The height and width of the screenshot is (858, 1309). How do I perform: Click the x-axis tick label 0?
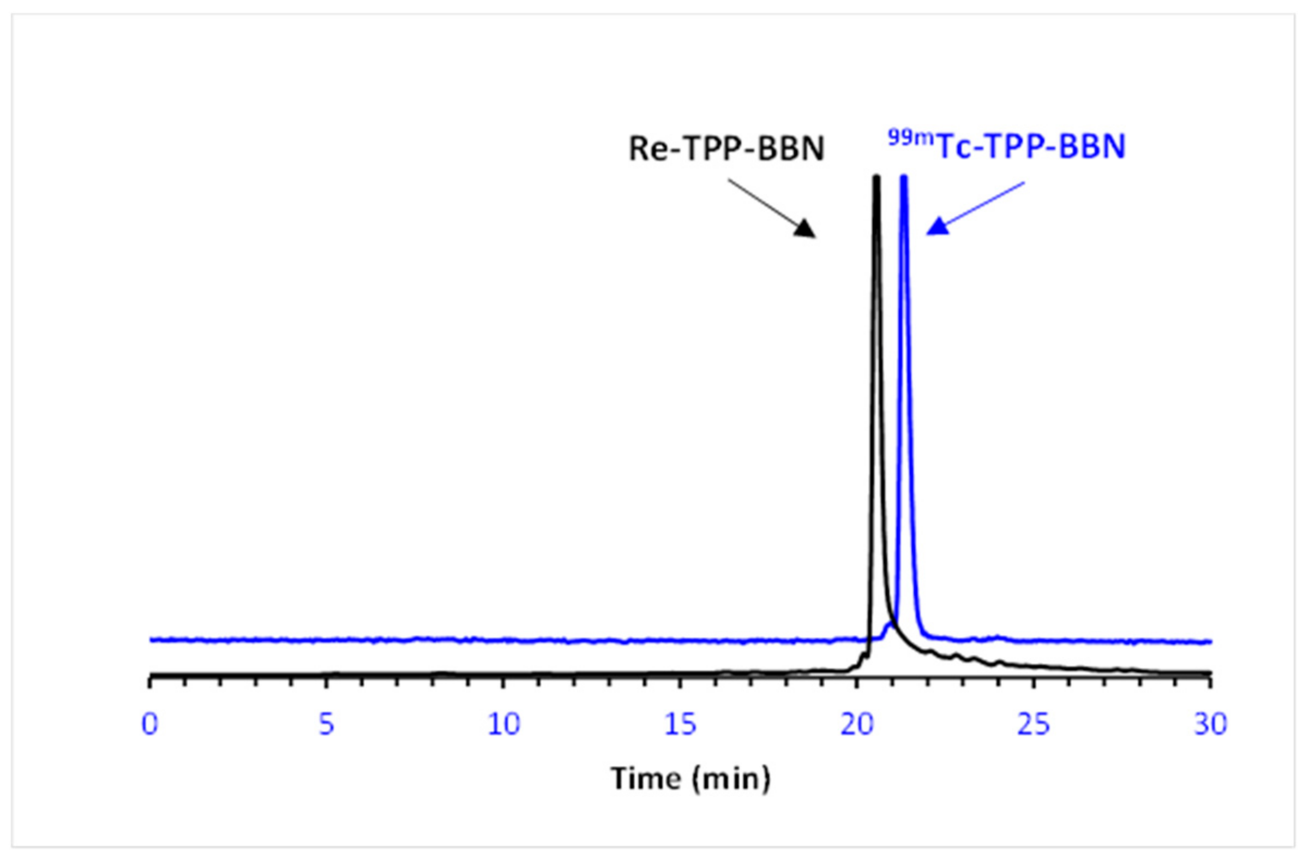tap(149, 725)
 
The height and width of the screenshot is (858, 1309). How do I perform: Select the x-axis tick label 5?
tap(326, 725)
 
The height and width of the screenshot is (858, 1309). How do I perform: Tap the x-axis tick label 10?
tap(503, 725)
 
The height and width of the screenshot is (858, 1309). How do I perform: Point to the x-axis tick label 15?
tap(680, 725)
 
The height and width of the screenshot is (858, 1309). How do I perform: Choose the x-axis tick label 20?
tap(857, 725)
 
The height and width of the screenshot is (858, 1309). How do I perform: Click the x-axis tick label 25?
tap(1034, 725)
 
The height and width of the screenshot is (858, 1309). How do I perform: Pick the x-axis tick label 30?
tap(1210, 725)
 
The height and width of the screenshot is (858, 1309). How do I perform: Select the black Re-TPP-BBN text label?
tap(726, 148)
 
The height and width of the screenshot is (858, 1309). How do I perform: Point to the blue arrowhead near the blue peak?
tap(936, 227)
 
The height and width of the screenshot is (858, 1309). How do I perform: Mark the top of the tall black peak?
tap(876, 177)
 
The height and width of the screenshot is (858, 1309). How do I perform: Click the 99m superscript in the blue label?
tap(911, 138)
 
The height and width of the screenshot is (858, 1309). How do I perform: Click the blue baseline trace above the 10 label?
tap(503, 640)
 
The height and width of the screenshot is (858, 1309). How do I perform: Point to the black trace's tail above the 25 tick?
tap(1034, 666)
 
